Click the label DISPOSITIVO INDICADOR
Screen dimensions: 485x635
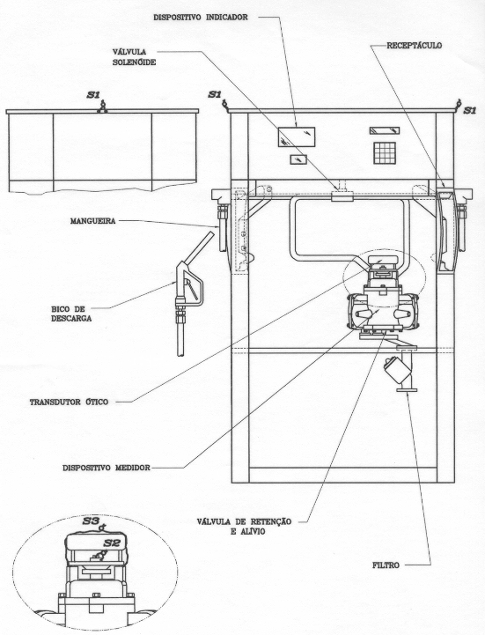pyautogui.click(x=201, y=18)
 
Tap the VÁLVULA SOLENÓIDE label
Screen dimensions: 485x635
pyautogui.click(x=135, y=57)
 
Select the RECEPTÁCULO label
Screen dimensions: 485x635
pyautogui.click(x=415, y=46)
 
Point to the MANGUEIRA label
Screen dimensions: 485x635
pyautogui.click(x=92, y=221)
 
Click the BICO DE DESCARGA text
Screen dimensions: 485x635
pyautogui.click(x=71, y=314)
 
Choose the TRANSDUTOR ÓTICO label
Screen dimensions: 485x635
pyautogui.click(x=69, y=402)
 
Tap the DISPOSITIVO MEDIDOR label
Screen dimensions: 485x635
pyautogui.click(x=107, y=468)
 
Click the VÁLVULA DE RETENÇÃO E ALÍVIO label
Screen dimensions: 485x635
pyautogui.click(x=244, y=526)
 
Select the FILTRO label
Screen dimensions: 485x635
pyautogui.click(x=386, y=565)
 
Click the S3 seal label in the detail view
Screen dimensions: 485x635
pyautogui.click(x=91, y=521)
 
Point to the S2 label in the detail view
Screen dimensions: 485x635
pyautogui.click(x=112, y=543)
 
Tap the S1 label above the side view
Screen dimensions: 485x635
pyautogui.click(x=93, y=95)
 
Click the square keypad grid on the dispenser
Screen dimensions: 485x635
pyautogui.click(x=384, y=153)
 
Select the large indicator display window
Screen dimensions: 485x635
pyautogui.click(x=297, y=137)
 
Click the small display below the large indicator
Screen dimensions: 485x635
pyautogui.click(x=298, y=159)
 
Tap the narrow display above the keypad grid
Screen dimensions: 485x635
pyautogui.click(x=384, y=130)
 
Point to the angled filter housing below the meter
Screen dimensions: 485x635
pyautogui.click(x=394, y=368)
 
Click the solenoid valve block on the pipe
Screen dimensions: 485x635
pyautogui.click(x=342, y=196)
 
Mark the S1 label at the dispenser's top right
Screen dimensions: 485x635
pyautogui.click(x=470, y=110)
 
